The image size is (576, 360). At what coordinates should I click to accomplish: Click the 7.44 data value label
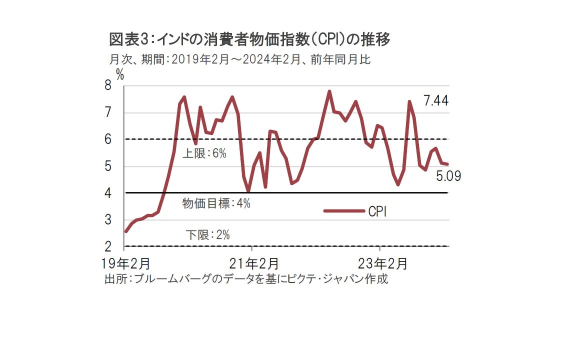click(436, 101)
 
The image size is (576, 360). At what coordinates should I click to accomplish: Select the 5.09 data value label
click(448, 176)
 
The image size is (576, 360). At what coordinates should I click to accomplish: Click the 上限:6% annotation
click(204, 153)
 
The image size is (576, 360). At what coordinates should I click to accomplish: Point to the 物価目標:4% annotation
click(216, 203)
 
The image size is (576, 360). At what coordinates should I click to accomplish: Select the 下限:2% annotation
click(207, 234)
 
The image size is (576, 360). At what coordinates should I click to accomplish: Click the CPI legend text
click(378, 211)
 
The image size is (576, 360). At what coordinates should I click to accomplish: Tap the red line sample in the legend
click(344, 211)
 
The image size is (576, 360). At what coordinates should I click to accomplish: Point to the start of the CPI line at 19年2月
click(126, 231)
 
